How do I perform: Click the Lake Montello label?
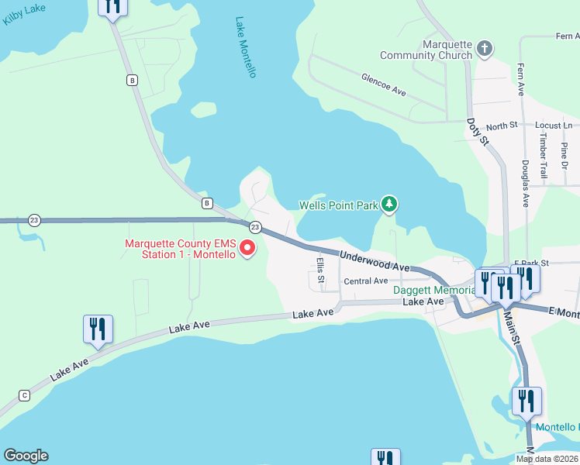coord(246,47)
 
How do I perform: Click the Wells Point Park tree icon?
coord(389,205)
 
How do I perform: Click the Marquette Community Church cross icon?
coord(485,50)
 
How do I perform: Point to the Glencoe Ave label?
coord(384,84)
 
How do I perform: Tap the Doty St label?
coord(478,132)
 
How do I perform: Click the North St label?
coord(502,126)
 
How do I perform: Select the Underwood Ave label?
coord(375,260)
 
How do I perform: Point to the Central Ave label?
coord(365,281)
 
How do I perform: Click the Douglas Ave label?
coord(525,184)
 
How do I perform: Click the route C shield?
coord(25,395)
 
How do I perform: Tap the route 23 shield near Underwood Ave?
coord(254,227)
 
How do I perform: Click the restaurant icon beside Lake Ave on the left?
coord(98,329)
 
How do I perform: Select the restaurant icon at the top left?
coord(112,6)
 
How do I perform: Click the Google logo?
coord(26,456)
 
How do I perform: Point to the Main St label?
coord(511,320)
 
